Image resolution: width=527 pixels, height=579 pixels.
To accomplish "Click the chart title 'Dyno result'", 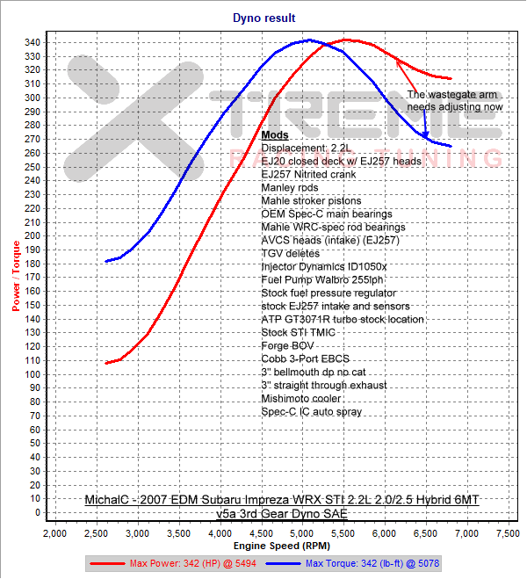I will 264,17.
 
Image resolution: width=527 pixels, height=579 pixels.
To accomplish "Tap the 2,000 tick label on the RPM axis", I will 54,533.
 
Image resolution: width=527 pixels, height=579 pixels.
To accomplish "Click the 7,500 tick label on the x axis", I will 508,533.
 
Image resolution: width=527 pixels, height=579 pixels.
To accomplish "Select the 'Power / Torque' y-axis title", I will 16,278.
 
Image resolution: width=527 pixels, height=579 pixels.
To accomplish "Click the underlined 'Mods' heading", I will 275,135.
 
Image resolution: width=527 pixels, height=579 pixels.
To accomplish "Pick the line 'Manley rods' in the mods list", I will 290,187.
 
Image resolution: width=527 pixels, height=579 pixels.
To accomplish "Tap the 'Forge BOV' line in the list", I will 287,345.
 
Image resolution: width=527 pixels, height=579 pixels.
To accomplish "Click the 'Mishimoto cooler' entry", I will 300,398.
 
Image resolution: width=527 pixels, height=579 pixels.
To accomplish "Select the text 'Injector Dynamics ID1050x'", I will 324,266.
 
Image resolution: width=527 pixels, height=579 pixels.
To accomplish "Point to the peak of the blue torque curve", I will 308,40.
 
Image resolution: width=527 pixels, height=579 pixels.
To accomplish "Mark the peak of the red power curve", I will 346,40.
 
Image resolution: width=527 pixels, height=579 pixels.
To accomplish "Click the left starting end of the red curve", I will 105,363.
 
